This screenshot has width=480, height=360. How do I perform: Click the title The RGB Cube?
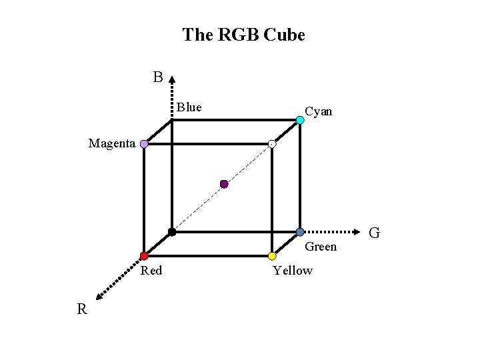tap(243, 35)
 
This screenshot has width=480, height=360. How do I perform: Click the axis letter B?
tap(157, 78)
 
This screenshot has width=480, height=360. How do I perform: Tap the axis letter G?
tap(375, 233)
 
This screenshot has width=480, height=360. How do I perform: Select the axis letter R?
tap(81, 309)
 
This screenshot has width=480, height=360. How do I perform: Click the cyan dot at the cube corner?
tap(300, 120)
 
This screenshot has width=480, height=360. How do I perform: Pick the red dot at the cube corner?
tap(144, 256)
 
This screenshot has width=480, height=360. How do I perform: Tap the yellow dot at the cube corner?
tap(272, 256)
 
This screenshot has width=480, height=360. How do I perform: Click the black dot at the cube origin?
tap(172, 232)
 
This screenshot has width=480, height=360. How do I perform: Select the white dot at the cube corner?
tap(272, 144)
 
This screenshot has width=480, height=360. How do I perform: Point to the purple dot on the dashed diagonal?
tap(224, 184)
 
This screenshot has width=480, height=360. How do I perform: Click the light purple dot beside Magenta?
tap(144, 143)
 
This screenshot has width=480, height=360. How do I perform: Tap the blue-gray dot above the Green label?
tap(300, 232)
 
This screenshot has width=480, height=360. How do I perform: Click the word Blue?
tap(189, 107)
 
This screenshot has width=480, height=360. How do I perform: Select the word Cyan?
tap(318, 111)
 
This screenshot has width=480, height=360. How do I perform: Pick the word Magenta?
tap(112, 143)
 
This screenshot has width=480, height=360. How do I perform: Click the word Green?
tap(321, 247)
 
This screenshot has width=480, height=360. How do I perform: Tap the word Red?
tap(151, 270)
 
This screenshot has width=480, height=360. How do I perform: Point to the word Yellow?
tap(293, 270)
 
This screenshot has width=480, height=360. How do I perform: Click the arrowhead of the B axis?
tap(172, 78)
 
